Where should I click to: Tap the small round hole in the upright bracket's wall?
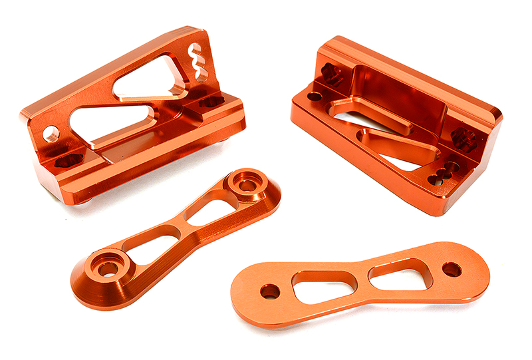[51, 134]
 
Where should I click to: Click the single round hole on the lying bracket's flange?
[314, 96]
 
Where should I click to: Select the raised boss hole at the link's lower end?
[106, 268]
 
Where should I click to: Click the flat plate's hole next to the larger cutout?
[270, 291]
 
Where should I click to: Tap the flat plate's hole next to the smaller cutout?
[452, 270]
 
